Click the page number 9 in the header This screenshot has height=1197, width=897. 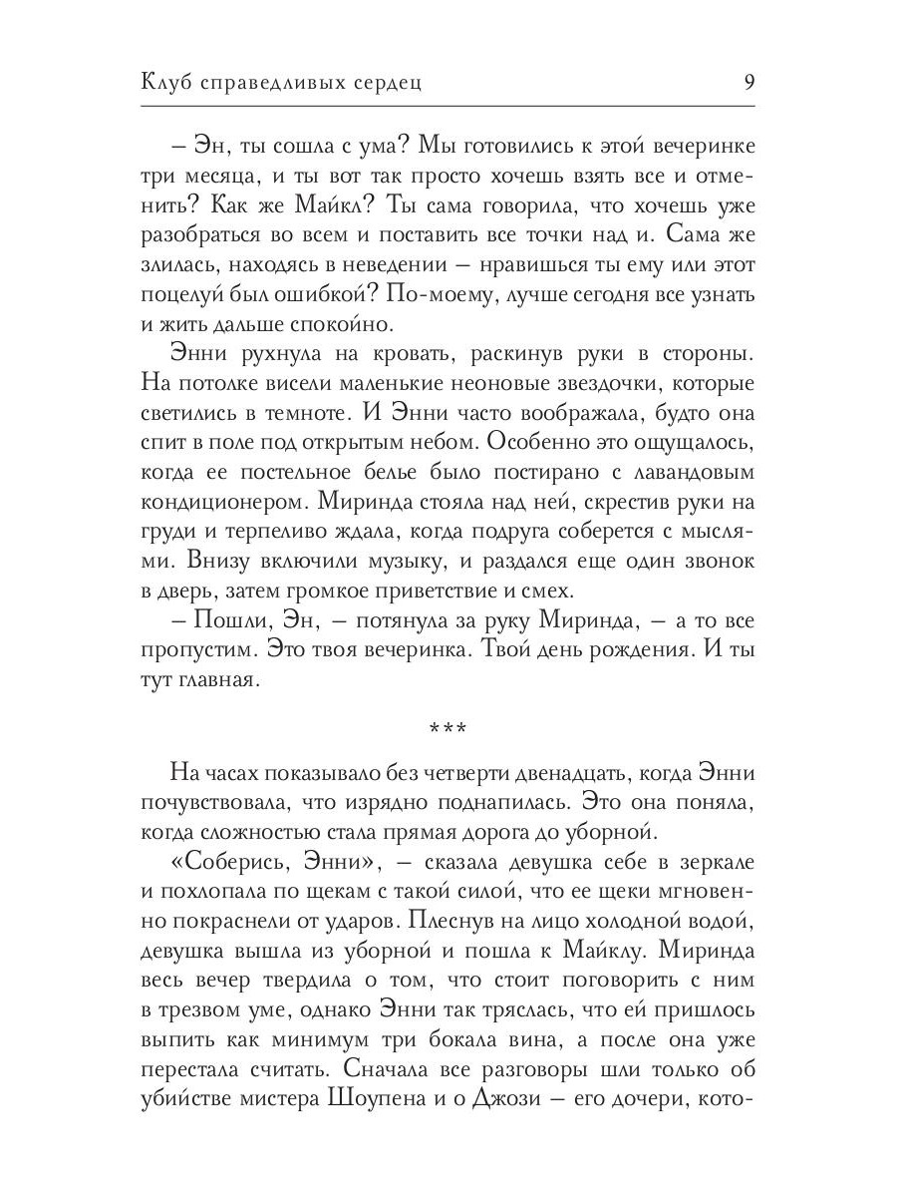(747, 82)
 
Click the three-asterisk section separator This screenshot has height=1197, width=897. (448, 729)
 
